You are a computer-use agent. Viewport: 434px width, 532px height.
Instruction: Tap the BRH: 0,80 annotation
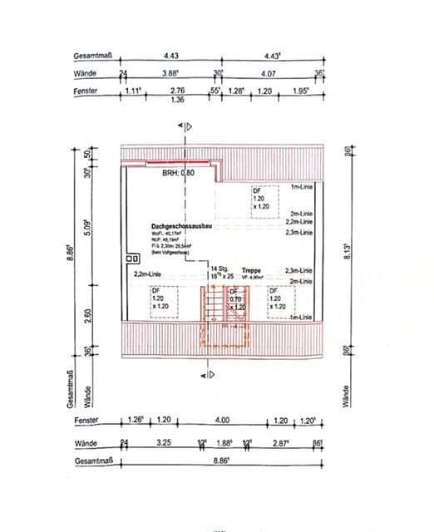177,173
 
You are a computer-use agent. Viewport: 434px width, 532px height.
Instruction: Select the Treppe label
252,271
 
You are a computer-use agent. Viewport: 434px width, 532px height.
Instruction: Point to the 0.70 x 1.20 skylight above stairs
236,303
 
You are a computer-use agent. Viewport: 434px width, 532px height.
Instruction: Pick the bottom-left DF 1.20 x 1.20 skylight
160,298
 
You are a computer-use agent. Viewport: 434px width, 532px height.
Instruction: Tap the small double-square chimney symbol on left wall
131,259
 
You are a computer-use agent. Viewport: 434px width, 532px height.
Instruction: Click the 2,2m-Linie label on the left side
145,273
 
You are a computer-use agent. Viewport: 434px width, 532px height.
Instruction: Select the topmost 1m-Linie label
300,189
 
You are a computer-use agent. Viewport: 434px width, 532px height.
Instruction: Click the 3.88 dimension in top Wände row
170,74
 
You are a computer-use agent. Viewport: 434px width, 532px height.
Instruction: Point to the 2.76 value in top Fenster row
176,90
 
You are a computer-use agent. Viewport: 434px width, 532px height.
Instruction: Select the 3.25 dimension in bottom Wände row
164,443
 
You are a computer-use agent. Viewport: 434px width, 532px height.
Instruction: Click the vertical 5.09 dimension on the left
86,225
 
